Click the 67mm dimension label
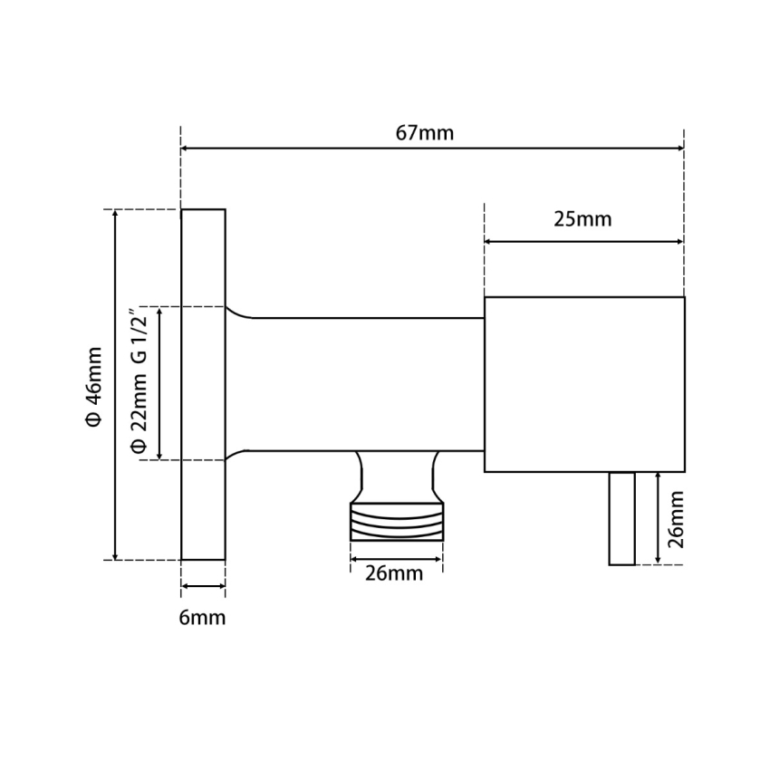[425, 133]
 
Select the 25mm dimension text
[582, 219]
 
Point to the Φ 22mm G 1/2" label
[139, 384]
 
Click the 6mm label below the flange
[202, 618]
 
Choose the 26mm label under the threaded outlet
[395, 573]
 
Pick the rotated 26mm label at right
[674, 518]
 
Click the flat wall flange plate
[203, 385]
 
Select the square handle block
[584, 384]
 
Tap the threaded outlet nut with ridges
[397, 523]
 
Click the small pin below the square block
[621, 518]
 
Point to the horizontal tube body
[362, 384]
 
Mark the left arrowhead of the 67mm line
[186, 149]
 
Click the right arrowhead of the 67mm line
[679, 149]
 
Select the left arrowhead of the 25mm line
[490, 242]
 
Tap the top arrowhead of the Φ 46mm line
[115, 215]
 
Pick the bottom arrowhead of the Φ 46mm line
[115, 554]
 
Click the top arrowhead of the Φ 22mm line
[160, 313]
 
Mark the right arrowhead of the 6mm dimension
[220, 587]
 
